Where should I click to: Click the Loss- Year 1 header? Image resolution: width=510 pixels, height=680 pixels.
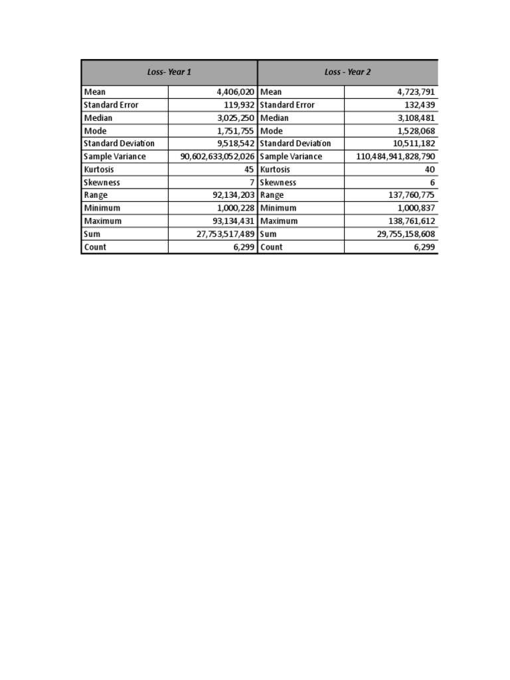pyautogui.click(x=169, y=72)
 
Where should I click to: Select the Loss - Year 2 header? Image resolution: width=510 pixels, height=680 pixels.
pyautogui.click(x=347, y=72)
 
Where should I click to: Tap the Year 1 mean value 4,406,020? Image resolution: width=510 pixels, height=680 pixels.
pyautogui.click(x=236, y=92)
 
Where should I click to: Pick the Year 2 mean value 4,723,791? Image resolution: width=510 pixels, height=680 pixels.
pyautogui.click(x=414, y=92)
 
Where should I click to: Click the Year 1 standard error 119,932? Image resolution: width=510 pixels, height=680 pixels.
pyautogui.click(x=239, y=105)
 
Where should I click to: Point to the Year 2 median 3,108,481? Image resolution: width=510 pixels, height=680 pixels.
pyautogui.click(x=414, y=118)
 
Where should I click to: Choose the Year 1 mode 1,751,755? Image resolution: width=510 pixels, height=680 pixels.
pyautogui.click(x=236, y=131)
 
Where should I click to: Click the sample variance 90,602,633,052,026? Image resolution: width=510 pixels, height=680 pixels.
pyautogui.click(x=217, y=157)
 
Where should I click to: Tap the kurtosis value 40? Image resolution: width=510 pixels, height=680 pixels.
pyautogui.click(x=430, y=169)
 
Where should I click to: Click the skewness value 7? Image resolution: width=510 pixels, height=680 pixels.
pyautogui.click(x=252, y=183)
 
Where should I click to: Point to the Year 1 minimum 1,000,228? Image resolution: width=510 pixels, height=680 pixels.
pyautogui.click(x=236, y=208)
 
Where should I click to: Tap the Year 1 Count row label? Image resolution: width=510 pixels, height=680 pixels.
pyautogui.click(x=95, y=247)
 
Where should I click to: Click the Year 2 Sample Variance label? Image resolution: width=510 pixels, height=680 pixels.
pyautogui.click(x=291, y=157)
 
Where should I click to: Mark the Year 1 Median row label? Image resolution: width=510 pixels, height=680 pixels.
pyautogui.click(x=98, y=118)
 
